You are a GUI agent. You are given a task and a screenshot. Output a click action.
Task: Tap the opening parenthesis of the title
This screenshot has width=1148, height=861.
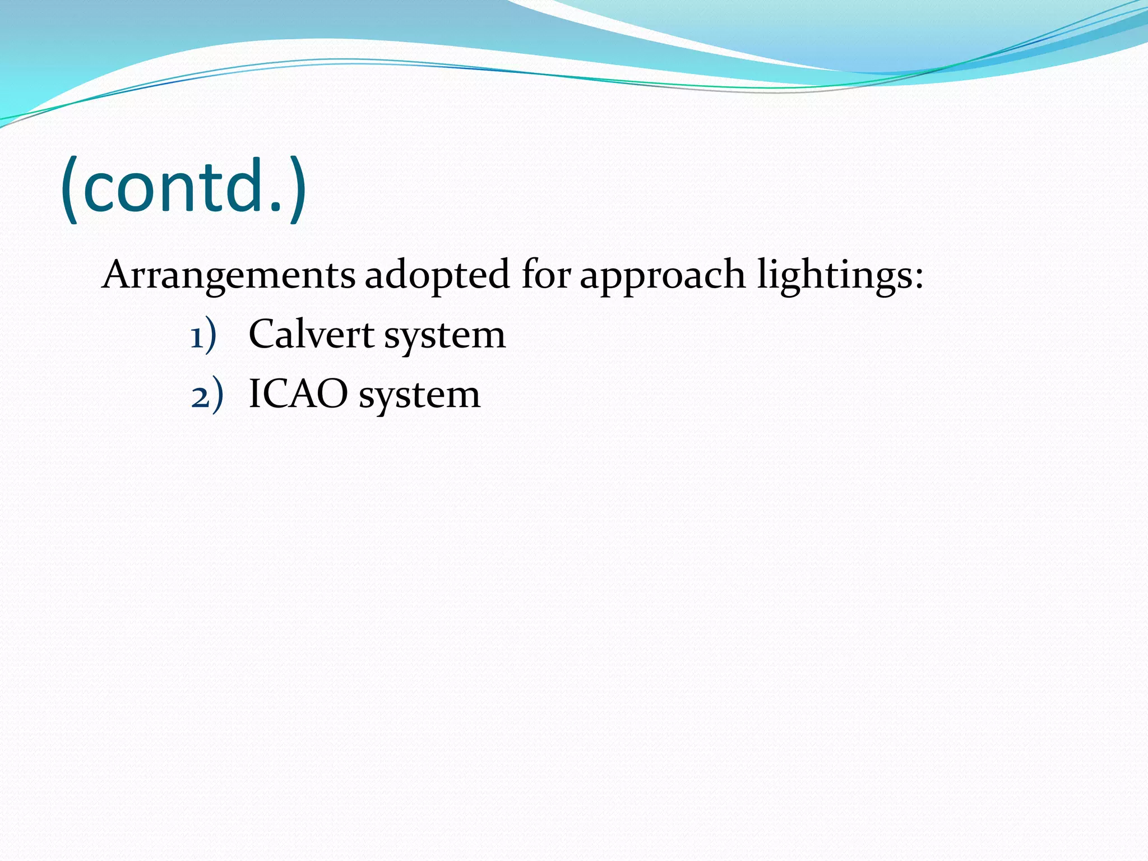coord(70,189)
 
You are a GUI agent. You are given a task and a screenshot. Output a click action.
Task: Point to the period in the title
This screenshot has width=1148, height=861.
coord(275,208)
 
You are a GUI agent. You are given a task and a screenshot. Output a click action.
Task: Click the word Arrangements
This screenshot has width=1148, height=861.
coord(229,276)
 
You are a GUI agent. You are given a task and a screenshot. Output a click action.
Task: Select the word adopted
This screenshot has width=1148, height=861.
coord(437,276)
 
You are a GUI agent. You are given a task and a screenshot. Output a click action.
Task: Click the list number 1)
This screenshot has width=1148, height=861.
coord(203,336)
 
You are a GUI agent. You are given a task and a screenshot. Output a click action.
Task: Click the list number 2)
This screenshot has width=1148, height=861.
coord(206,396)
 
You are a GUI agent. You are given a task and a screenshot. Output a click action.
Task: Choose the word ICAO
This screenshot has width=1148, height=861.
coord(298,394)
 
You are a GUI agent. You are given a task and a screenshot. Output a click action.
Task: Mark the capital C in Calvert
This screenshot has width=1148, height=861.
coord(263,335)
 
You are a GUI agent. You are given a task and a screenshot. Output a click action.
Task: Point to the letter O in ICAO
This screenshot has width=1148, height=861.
coord(334,394)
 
